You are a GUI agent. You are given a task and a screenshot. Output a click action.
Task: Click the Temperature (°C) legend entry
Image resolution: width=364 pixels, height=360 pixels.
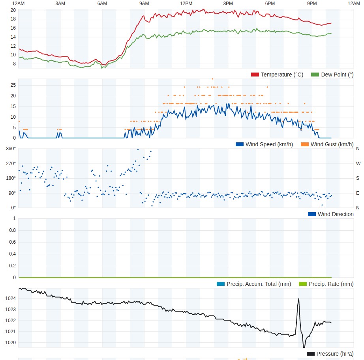tap(277, 75)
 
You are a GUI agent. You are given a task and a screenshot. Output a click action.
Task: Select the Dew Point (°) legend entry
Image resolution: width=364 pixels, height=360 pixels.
tap(332, 75)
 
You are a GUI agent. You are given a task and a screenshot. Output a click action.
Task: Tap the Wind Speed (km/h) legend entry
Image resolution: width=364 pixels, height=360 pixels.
tap(264, 144)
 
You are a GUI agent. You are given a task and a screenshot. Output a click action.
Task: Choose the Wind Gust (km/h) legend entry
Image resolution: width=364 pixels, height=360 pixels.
tap(327, 144)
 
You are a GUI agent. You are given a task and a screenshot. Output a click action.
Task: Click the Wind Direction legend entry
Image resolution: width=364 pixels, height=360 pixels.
tap(331, 214)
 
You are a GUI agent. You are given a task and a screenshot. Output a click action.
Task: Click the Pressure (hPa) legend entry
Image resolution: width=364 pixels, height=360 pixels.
tap(330, 354)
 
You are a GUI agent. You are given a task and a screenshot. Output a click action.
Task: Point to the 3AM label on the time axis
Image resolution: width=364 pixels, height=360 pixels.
tap(60, 4)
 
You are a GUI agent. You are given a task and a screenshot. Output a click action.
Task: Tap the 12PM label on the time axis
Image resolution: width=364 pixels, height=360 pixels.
tap(186, 4)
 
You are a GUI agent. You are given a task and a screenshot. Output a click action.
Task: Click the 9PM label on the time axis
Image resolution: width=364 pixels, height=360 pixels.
tap(312, 4)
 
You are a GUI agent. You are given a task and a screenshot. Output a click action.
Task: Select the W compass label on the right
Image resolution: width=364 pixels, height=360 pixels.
tap(358, 163)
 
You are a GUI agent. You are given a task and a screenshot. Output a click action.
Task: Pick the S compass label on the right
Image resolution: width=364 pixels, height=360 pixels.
tap(358, 178)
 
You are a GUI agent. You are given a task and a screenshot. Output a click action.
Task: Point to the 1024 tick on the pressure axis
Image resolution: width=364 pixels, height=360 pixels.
tap(11, 298)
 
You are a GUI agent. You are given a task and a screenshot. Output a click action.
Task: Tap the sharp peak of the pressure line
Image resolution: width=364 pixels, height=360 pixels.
tap(298, 298)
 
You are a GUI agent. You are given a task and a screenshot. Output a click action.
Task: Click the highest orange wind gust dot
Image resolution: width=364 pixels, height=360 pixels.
tap(212, 79)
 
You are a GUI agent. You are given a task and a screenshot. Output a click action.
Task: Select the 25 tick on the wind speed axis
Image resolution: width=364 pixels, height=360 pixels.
tap(13, 85)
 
